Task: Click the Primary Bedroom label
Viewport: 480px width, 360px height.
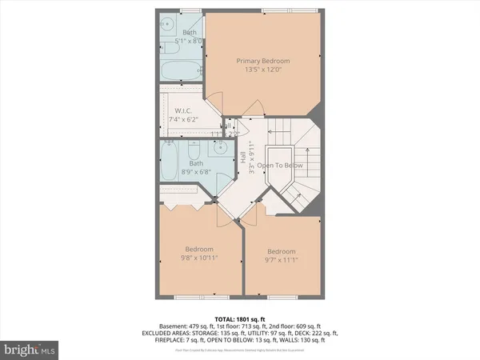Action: point(262,60)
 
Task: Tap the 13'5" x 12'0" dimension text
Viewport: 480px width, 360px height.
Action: point(262,70)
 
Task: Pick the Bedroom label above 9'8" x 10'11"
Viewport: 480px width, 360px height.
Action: point(199,248)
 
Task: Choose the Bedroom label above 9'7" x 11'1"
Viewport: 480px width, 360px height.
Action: point(282,250)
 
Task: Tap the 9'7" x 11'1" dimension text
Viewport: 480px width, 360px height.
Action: point(282,260)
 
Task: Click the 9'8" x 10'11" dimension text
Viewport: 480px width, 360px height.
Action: point(199,258)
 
